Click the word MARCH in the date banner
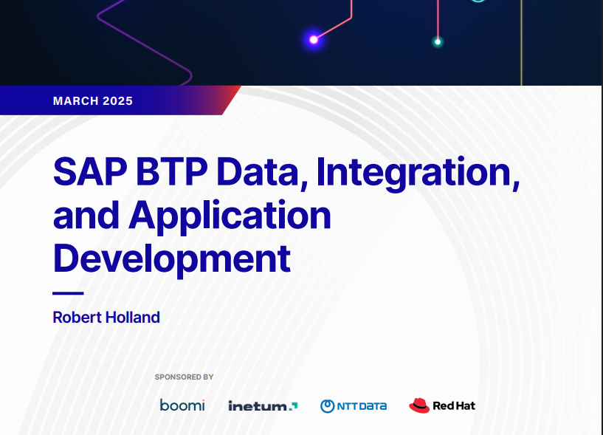pos(76,101)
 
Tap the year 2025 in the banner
pos(117,101)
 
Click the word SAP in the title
pos(90,171)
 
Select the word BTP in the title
pos(171,171)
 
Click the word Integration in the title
pos(418,174)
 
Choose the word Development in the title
pos(171,259)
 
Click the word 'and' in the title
pos(86,215)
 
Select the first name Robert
pos(77,318)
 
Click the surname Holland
pos(133,318)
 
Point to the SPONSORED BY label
pos(184,377)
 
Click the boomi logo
pos(182,405)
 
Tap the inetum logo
pos(263,405)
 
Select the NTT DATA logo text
pos(362,406)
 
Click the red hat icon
pos(419,405)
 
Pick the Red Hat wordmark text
pos(454,405)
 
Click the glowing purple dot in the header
pos(314,40)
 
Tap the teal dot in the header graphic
pos(437,41)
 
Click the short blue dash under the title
pos(68,293)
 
